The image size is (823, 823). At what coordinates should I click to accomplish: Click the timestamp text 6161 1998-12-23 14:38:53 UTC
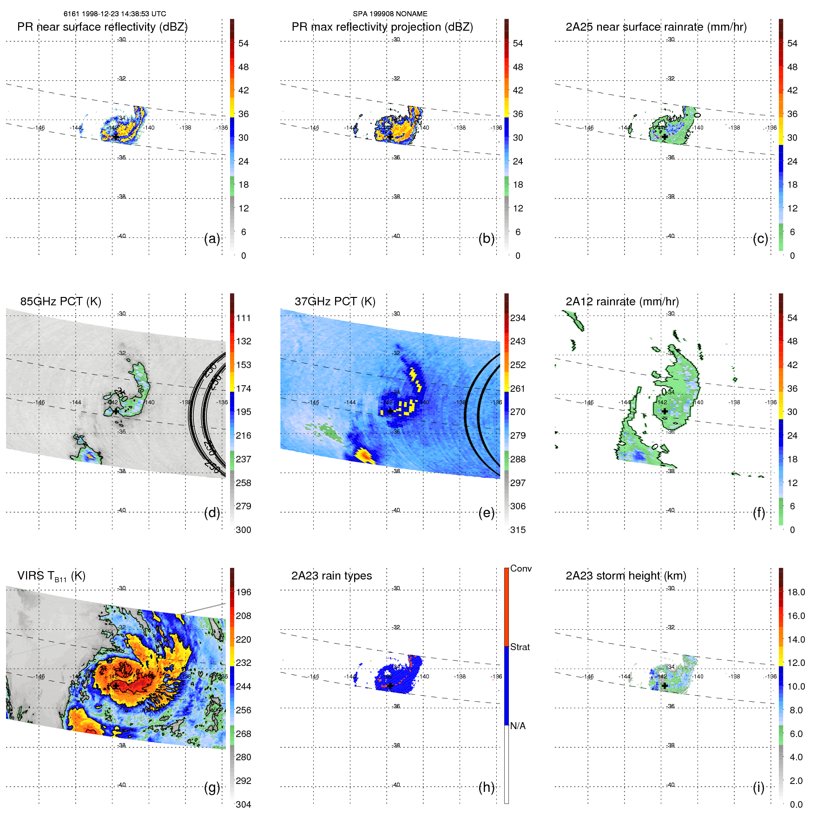click(x=115, y=14)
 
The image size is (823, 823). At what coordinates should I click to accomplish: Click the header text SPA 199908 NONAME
click(x=390, y=14)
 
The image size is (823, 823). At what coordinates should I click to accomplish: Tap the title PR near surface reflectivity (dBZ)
click(x=102, y=27)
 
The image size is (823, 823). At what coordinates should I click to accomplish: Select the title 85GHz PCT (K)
click(x=60, y=301)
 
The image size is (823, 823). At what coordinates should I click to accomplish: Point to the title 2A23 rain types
click(x=331, y=576)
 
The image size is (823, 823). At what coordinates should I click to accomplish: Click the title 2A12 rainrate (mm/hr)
click(x=622, y=301)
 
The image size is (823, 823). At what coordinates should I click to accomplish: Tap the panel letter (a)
click(x=212, y=239)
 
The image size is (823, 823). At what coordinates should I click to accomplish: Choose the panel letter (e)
click(x=486, y=513)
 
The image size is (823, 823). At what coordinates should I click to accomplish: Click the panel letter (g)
click(x=212, y=787)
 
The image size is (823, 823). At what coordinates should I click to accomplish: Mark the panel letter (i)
click(x=758, y=787)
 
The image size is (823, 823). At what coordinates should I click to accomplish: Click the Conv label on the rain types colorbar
click(x=521, y=568)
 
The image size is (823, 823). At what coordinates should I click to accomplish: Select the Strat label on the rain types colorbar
click(x=520, y=647)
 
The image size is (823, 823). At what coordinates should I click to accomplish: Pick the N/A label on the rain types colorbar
click(x=518, y=726)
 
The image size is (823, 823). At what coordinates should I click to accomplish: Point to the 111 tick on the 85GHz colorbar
click(x=244, y=318)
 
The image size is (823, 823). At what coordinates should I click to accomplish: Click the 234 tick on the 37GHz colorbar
click(x=518, y=318)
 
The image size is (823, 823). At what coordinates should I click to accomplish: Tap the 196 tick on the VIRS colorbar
click(x=244, y=592)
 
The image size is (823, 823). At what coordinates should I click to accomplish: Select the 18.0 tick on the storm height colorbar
click(x=796, y=592)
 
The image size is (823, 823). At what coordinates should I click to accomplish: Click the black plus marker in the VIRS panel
click(x=116, y=685)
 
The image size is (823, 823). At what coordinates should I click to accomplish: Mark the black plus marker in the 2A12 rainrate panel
click(x=665, y=411)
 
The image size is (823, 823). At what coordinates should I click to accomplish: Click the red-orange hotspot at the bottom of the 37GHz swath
click(x=365, y=456)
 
